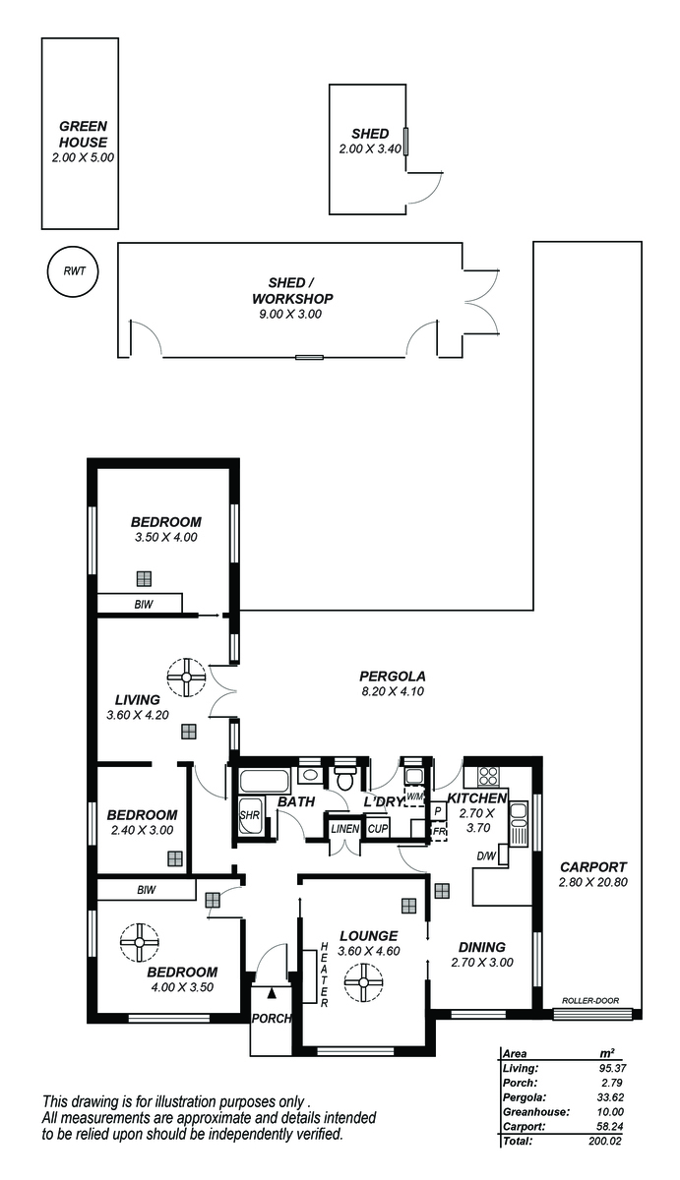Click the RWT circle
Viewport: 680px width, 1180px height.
tap(73, 271)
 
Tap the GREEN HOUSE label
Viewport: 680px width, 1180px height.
tap(83, 134)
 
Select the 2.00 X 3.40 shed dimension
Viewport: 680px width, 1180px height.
tap(370, 148)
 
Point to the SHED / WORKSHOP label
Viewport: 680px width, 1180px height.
tap(292, 291)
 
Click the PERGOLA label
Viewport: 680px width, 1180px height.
tap(393, 676)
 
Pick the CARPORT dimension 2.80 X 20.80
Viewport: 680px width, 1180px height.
tap(593, 882)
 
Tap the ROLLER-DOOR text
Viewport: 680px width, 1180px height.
tap(590, 1000)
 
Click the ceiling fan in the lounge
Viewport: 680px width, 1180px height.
tap(363, 982)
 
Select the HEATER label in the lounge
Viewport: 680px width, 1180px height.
tap(324, 974)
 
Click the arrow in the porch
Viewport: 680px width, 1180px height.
tap(272, 993)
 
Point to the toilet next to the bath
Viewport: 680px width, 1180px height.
tap(345, 778)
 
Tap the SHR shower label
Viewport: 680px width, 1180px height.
tap(249, 815)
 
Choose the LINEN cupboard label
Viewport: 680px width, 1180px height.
tap(344, 829)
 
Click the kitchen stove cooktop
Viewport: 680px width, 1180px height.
tap(487, 775)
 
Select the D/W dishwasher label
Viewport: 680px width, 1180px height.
tap(486, 856)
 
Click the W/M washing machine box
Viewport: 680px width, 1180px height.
tap(414, 796)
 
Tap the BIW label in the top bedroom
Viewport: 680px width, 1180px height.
tap(144, 604)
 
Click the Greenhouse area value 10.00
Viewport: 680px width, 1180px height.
tap(610, 1112)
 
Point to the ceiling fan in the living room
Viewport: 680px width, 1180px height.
tap(186, 677)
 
